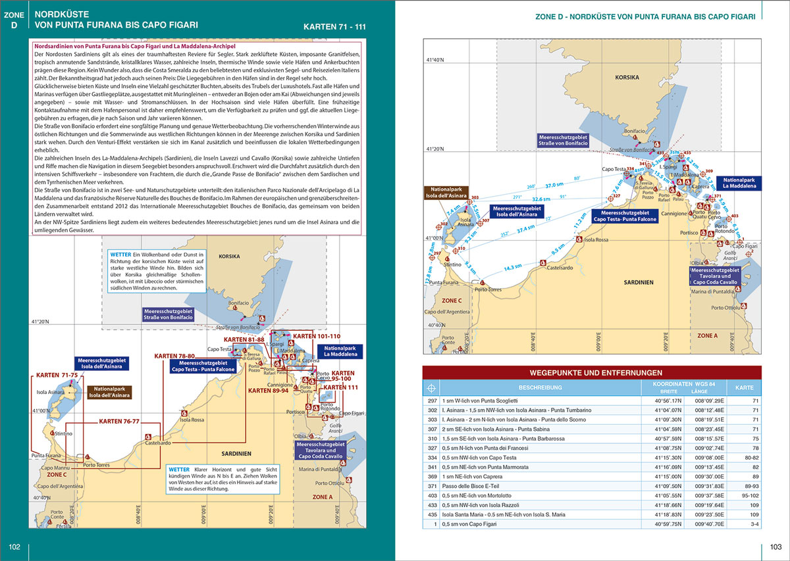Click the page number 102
pos(14,547)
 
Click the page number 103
pos(775,547)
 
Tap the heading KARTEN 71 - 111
pos(334,28)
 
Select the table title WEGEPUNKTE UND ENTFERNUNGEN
pos(591,373)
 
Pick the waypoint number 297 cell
pos(433,400)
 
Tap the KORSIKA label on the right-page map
pos(627,78)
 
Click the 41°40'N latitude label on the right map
pos(435,60)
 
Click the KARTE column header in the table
pos(745,387)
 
